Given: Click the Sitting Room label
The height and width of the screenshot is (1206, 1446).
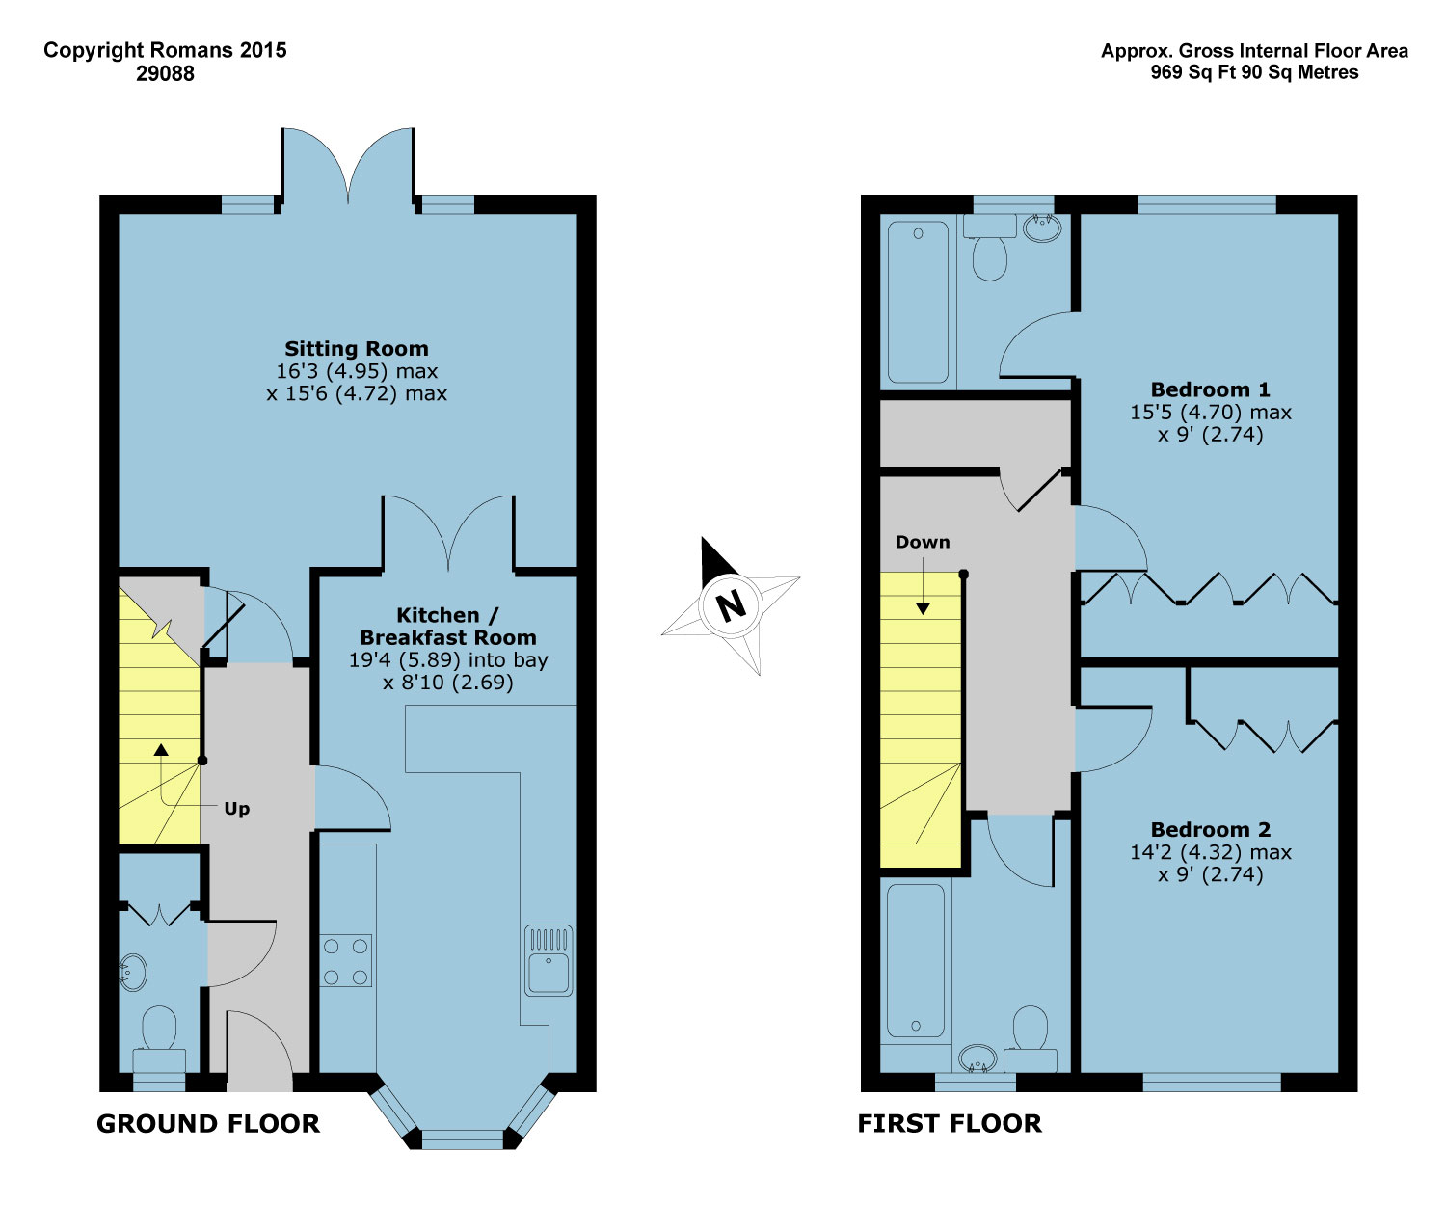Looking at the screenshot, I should (356, 349).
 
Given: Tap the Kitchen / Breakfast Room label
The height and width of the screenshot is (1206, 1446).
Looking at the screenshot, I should (447, 627).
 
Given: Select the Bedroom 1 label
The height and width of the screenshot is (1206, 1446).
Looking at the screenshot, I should (1210, 389).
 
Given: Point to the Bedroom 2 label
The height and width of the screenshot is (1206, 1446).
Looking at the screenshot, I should (1210, 829).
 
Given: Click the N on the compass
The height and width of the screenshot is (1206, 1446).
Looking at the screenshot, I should (731, 605).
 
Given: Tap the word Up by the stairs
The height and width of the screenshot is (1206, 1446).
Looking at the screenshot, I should (237, 808).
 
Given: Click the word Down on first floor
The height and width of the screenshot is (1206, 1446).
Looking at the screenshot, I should (923, 542).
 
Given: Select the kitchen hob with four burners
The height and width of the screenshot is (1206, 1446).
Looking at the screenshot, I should (346, 961).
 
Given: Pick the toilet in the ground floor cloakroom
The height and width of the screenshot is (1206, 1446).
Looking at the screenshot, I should (159, 1030).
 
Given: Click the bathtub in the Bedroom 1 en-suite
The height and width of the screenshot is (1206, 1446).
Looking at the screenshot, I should (919, 303).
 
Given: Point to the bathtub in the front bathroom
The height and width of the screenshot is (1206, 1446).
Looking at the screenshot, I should (915, 960).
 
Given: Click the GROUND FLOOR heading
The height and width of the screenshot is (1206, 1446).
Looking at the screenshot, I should (208, 1124).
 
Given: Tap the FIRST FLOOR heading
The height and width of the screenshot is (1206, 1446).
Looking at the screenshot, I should (950, 1124).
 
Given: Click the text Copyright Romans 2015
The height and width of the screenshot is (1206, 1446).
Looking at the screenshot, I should (165, 50).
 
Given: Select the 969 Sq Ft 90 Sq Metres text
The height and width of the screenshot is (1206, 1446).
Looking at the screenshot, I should (1254, 73).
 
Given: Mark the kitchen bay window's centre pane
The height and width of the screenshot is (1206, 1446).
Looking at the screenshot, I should (463, 1139).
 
